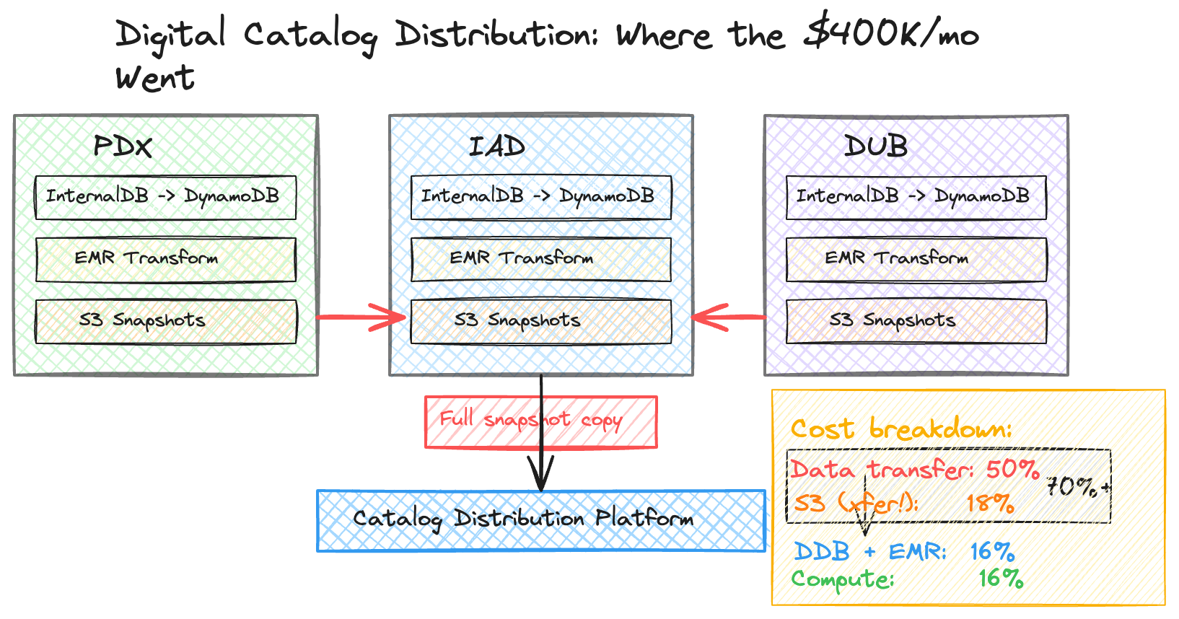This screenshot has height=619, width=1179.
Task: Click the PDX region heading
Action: click(x=123, y=146)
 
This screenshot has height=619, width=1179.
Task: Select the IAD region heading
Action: click(x=497, y=146)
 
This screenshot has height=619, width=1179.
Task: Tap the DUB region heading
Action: click(x=875, y=146)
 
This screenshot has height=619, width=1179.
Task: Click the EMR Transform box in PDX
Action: click(x=166, y=259)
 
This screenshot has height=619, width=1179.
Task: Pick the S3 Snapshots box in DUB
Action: click(x=916, y=321)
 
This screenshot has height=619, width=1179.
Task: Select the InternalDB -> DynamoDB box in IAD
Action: click(x=540, y=197)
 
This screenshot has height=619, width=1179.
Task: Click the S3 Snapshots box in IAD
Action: click(x=540, y=321)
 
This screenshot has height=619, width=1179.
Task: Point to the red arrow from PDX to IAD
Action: click(x=361, y=317)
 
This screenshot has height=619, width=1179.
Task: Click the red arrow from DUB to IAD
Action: click(x=729, y=317)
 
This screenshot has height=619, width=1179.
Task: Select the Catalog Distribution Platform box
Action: click(x=540, y=520)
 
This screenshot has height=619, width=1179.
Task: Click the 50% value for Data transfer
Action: click(x=1012, y=470)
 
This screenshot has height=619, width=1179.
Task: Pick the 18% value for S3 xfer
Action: click(x=990, y=503)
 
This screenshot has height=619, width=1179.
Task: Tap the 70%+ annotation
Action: click(x=1077, y=488)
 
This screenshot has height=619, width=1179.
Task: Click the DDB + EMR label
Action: click(x=869, y=553)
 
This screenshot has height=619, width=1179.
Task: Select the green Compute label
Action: click(x=842, y=579)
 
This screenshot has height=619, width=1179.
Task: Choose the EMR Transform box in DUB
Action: click(x=916, y=259)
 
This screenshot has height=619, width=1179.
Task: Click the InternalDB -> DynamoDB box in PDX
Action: click(x=166, y=197)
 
